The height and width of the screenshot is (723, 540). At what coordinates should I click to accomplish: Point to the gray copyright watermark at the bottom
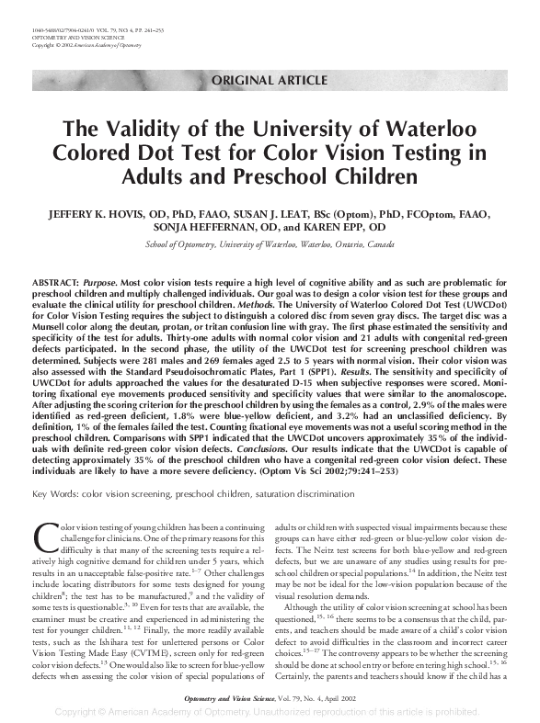click(270, 712)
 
